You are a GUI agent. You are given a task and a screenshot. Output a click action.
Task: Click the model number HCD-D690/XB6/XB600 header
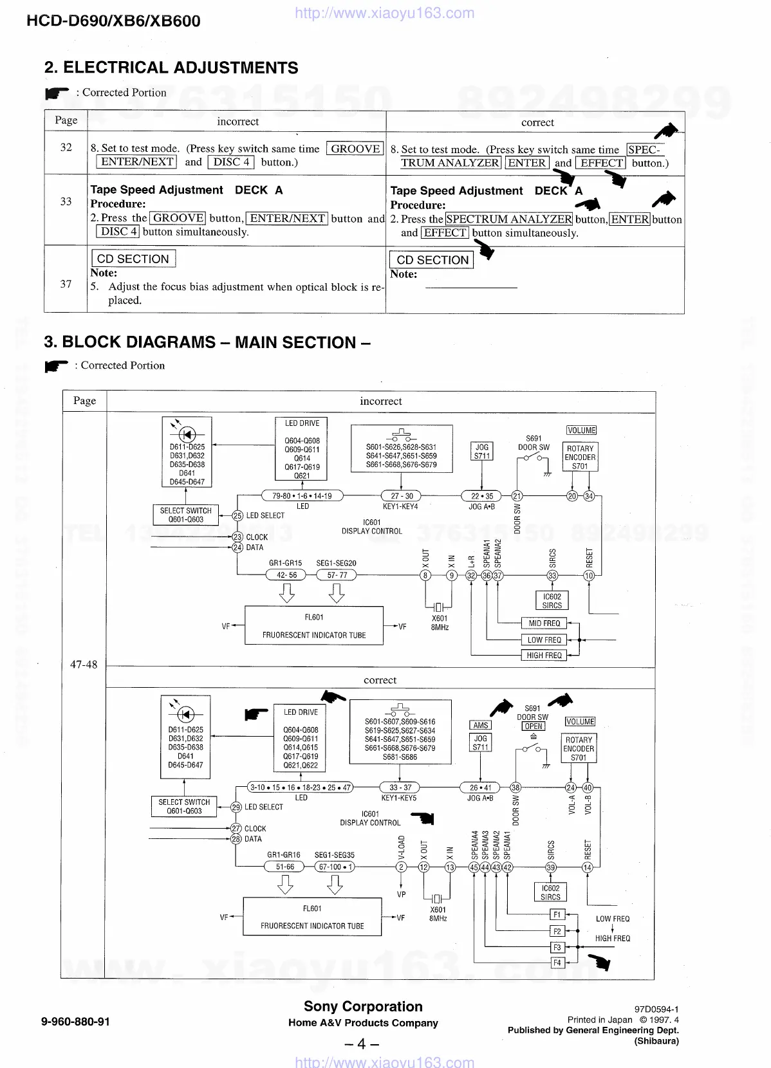point(113,21)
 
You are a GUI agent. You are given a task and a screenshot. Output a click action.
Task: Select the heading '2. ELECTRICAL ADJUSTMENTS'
point(171,68)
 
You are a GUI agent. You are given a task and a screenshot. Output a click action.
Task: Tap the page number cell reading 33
point(66,201)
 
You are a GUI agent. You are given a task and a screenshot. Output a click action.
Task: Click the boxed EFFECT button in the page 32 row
point(601,163)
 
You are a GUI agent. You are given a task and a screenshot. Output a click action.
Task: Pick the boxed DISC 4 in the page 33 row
point(118,232)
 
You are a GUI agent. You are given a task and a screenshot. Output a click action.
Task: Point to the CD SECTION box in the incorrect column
point(133,259)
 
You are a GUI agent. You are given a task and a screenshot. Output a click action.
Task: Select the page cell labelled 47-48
point(84,665)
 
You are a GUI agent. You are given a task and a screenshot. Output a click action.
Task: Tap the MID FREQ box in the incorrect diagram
point(544,623)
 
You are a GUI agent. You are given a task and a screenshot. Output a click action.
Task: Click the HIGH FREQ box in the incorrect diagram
point(544,655)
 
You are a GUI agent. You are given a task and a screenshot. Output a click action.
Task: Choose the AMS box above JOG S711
point(481,725)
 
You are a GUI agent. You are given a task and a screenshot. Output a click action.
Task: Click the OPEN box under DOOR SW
point(534,726)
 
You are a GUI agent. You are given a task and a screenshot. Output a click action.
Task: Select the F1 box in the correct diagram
point(557,915)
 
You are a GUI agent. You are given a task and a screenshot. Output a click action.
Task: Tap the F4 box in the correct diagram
point(557,962)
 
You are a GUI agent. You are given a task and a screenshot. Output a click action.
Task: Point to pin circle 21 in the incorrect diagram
point(517,496)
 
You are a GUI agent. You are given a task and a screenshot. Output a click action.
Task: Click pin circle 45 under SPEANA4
point(474,867)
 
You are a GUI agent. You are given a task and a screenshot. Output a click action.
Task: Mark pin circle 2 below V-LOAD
point(401,867)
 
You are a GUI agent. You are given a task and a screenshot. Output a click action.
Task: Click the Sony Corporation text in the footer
point(363,1007)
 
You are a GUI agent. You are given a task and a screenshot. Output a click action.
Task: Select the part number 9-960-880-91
point(75,1022)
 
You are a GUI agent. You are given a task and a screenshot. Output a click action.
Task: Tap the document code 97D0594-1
point(656,1009)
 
